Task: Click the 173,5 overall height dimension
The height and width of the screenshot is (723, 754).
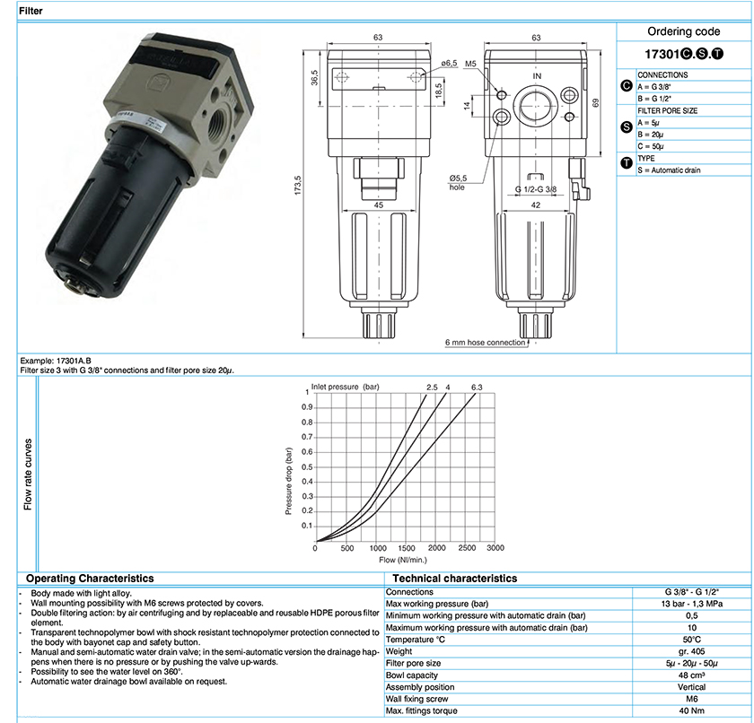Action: pos(298,185)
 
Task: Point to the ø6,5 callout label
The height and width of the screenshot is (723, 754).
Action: pos(449,63)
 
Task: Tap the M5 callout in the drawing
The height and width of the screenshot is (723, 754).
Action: pos(470,64)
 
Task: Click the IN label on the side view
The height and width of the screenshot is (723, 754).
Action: pos(537,76)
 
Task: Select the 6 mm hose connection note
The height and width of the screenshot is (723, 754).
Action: pos(485,343)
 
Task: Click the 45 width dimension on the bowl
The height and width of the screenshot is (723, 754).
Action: pos(379,205)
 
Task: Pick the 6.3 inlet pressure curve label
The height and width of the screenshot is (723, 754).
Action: pos(477,388)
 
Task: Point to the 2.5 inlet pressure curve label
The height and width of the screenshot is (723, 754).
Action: pos(432,388)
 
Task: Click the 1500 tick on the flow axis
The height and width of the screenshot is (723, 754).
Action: pos(407,548)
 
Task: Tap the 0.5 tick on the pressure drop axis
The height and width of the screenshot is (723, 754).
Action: pos(307,467)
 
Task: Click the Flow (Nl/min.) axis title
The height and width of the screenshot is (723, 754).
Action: pos(403,560)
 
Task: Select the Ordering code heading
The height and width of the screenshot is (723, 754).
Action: pos(683,31)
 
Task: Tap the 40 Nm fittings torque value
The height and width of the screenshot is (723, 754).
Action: pos(691,710)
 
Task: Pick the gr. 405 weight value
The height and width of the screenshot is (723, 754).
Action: pos(691,651)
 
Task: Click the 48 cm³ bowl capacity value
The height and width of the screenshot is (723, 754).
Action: pos(691,675)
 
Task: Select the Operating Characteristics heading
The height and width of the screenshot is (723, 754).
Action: pos(90,579)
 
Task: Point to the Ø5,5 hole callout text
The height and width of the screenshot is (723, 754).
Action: pos(458,183)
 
